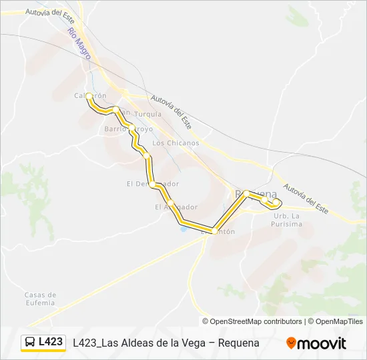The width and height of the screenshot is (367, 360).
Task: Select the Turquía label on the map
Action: pos(148,114)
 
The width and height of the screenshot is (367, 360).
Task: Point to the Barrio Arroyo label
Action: pos(129,129)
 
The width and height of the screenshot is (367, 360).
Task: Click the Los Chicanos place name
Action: pos(175,143)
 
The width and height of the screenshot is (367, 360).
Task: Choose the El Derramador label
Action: pos(153,183)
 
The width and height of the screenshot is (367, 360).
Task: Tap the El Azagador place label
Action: pos(176,207)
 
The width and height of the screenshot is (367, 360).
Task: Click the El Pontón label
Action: pos(218,231)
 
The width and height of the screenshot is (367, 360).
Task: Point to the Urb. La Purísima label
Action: pos(288,220)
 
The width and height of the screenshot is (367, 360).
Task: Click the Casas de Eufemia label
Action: pos(39,298)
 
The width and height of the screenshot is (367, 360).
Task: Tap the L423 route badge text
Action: pos(51,342)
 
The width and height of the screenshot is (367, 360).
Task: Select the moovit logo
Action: pos(316,343)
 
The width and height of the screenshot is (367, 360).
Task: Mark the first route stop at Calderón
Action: pos(88,97)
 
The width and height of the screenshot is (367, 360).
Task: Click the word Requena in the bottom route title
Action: pos(238,343)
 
